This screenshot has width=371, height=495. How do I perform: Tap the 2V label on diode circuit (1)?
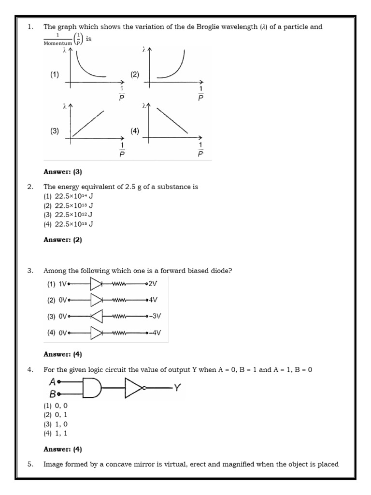(154, 284)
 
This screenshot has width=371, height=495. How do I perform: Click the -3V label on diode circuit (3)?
(155, 316)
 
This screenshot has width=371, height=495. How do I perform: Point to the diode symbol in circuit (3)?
(97, 317)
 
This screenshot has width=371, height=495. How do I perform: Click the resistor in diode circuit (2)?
(119, 300)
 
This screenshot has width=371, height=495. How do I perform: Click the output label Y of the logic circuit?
(177, 387)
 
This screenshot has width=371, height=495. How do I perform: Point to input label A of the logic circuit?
(53, 382)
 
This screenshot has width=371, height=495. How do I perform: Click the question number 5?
(30, 465)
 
